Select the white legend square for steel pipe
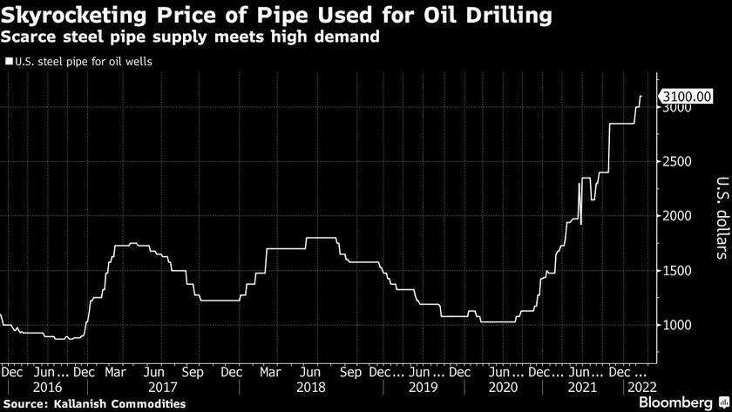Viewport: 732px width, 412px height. pyautogui.click(x=8, y=62)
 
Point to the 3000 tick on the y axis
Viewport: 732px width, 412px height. pyautogui.click(x=676, y=108)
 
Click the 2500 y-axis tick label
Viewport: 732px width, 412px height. pyautogui.click(x=676, y=162)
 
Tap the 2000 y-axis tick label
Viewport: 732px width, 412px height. pyautogui.click(x=676, y=216)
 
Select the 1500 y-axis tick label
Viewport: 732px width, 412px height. pyautogui.click(x=676, y=271)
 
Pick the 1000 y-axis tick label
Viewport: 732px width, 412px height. pyautogui.click(x=676, y=325)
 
